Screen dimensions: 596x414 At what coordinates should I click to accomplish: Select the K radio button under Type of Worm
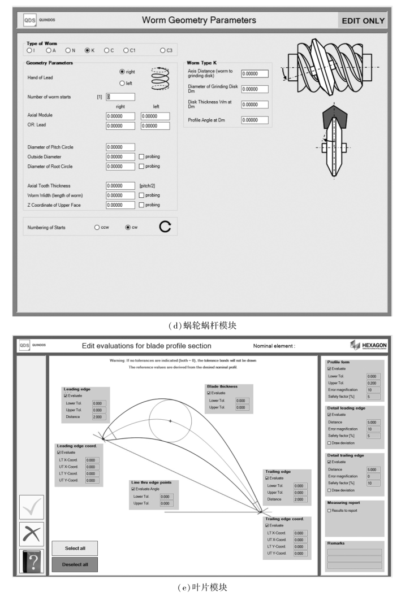(x=87, y=50)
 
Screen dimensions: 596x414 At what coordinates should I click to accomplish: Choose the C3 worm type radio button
(x=162, y=50)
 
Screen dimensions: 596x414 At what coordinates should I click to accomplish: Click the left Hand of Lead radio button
(x=122, y=83)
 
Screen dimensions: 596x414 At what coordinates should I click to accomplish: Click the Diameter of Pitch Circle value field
(x=120, y=147)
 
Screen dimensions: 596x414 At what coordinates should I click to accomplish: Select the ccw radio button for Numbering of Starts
(x=97, y=227)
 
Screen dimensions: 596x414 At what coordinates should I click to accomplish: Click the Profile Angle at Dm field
(x=254, y=120)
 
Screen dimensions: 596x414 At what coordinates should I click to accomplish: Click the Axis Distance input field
(x=254, y=73)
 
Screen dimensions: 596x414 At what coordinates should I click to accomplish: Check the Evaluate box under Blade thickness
(x=209, y=393)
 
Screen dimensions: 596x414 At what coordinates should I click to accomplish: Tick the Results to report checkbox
(x=330, y=510)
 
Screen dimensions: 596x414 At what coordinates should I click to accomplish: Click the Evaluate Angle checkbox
(x=133, y=489)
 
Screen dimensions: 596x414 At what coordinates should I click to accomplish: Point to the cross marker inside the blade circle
(x=170, y=421)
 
